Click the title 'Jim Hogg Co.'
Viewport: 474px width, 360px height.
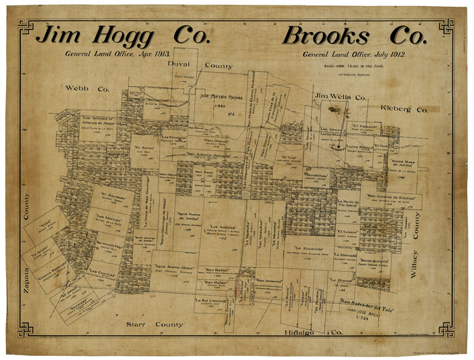point(123,35)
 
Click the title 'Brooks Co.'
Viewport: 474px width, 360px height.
point(354,35)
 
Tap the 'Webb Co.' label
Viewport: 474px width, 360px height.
point(87,89)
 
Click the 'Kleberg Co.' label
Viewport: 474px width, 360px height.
point(404,109)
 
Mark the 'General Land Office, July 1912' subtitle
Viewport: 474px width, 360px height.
point(354,54)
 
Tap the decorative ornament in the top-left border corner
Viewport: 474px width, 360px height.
point(26,26)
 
